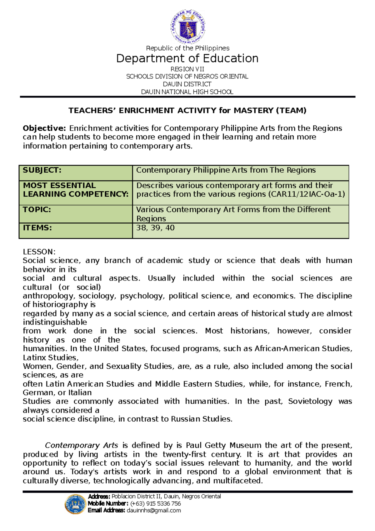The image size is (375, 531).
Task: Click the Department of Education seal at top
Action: (188, 27)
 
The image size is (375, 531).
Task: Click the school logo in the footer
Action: (75, 504)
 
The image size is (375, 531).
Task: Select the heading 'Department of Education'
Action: (187, 58)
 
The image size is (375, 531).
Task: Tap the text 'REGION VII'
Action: (187, 69)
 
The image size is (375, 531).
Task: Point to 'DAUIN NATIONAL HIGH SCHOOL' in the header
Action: (187, 92)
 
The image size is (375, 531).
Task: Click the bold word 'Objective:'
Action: (44, 128)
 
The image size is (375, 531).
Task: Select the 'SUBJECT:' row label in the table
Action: (42, 170)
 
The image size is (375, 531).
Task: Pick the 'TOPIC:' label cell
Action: (37, 210)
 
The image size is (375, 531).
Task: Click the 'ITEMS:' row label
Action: (37, 228)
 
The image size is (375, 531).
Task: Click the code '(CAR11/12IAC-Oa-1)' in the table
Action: (307, 194)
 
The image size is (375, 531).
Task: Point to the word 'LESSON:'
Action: (39, 252)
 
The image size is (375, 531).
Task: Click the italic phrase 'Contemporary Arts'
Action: (82, 445)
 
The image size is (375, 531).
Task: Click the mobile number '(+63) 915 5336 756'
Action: (156, 503)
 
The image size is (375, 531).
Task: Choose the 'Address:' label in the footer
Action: (99, 496)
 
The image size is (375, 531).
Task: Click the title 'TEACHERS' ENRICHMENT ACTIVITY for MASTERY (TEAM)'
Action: (187, 110)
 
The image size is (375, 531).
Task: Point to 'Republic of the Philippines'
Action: (187, 48)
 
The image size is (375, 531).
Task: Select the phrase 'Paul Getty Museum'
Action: (223, 445)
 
